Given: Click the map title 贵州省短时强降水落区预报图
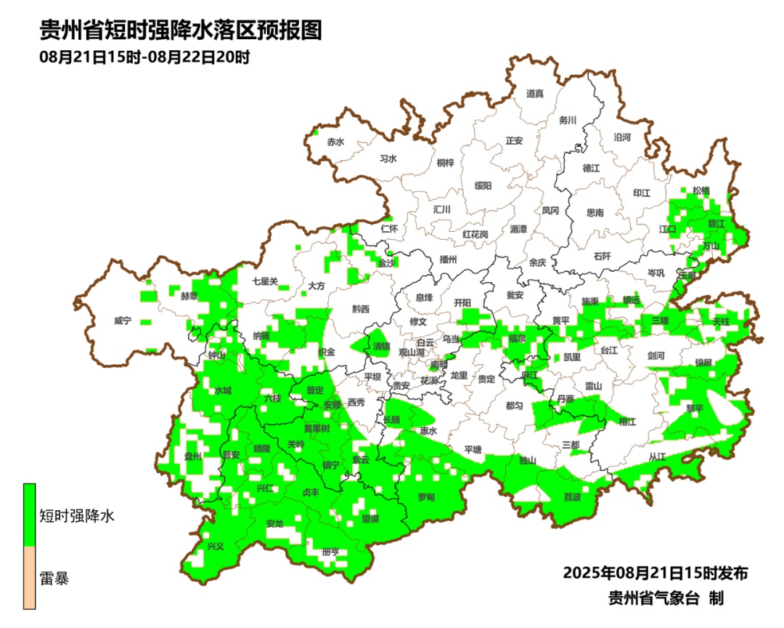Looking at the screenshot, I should [181, 31].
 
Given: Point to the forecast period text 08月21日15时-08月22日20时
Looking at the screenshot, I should [144, 57].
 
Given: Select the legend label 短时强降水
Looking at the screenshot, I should [77, 516].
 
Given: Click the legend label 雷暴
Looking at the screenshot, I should [54, 579].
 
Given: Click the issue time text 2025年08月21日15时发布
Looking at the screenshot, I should [655, 573].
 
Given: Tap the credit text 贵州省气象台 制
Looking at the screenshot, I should [666, 598].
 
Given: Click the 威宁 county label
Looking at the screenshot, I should [123, 321].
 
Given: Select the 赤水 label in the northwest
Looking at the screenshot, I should [335, 142].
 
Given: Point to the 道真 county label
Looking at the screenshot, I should [534, 93].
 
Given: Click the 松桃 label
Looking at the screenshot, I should [701, 190].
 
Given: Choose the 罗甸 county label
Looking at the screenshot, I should [426, 497].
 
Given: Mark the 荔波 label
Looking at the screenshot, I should [572, 497].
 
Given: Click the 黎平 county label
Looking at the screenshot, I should [695, 408].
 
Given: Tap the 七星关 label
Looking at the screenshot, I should [265, 281].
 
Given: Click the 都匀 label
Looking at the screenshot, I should [514, 406].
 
